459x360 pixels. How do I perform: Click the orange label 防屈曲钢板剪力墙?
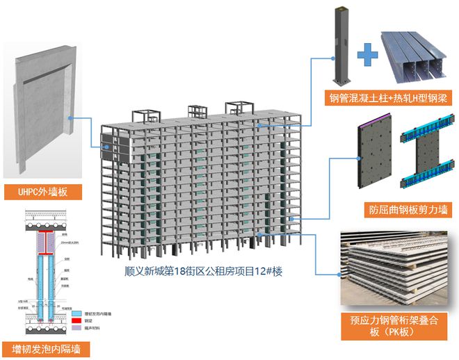[400, 209]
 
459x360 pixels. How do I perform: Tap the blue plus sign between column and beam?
[367, 50]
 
